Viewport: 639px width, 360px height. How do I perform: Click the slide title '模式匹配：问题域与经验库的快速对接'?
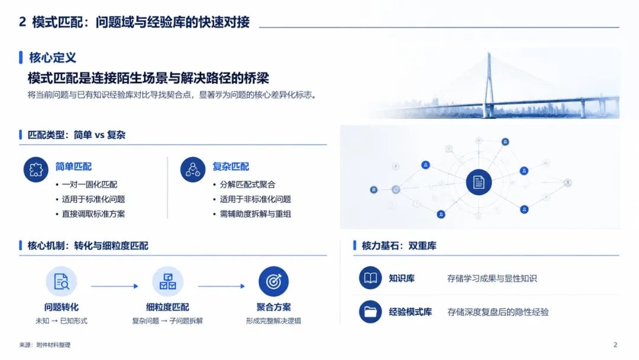[141, 21]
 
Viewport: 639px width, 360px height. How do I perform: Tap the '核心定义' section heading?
[53, 57]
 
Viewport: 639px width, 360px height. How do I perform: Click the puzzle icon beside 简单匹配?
[36, 169]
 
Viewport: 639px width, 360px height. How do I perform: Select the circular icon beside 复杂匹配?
[193, 169]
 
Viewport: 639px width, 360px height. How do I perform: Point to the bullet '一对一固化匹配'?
[89, 185]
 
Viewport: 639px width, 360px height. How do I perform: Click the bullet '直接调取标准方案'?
[93, 214]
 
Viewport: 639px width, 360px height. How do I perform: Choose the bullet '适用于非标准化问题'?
[255, 200]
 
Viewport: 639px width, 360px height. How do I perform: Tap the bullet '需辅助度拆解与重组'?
[255, 214]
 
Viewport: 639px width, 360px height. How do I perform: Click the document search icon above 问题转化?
[62, 281]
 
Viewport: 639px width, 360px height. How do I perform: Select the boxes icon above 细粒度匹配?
[167, 281]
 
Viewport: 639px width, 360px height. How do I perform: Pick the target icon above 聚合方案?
[273, 281]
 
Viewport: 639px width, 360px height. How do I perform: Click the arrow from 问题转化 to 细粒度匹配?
[115, 286]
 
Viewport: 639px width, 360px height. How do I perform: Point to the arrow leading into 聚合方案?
[221, 286]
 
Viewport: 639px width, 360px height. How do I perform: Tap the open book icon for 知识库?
[370, 278]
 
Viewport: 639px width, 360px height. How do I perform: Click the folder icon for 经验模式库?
[370, 312]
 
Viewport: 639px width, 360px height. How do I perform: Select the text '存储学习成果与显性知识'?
[492, 278]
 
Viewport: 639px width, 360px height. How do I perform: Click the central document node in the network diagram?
[479, 182]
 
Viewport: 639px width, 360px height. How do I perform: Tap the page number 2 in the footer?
[615, 345]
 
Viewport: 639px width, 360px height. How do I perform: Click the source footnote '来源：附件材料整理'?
[45, 345]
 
